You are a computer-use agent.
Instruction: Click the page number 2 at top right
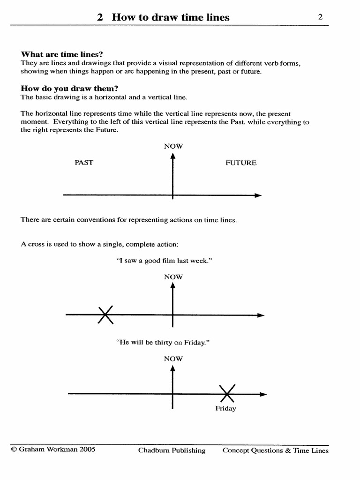[320, 17]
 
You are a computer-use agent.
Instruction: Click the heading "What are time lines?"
[62, 54]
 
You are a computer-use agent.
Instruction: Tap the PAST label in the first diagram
[84, 163]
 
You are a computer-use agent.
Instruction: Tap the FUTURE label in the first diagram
[241, 163]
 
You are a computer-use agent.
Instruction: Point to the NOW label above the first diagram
[173, 146]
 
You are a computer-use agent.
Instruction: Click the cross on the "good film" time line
[105, 315]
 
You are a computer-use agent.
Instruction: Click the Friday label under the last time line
[225, 408]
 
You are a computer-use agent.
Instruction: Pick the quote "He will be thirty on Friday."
[162, 343]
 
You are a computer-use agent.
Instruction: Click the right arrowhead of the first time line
[257, 195]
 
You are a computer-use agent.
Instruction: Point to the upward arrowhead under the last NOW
[173, 368]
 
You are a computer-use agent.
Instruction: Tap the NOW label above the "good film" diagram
[173, 277]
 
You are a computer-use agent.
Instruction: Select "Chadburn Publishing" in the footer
[172, 450]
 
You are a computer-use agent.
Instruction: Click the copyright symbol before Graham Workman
[14, 449]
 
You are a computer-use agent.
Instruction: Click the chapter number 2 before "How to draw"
[100, 17]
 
